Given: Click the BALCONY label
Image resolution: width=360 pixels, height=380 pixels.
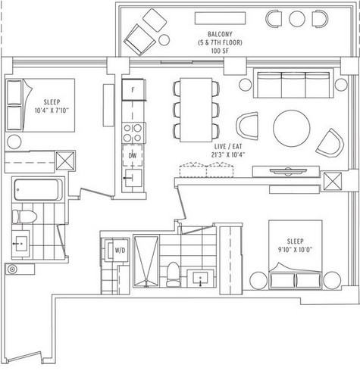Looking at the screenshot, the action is (x=220, y=34).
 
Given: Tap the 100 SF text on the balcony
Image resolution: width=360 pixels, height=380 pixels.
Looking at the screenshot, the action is (x=220, y=51).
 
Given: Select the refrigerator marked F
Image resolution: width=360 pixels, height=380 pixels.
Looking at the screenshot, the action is (x=133, y=90).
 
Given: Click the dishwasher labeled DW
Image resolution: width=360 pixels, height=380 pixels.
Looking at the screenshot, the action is (x=133, y=155).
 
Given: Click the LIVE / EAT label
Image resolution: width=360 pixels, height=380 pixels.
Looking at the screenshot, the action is (x=228, y=147).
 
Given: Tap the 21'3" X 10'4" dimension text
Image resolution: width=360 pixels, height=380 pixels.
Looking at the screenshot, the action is (x=228, y=154).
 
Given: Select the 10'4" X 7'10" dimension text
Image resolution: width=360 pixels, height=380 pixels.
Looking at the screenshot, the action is (x=52, y=111).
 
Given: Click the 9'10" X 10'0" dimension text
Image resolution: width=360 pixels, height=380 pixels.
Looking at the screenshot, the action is (x=295, y=250).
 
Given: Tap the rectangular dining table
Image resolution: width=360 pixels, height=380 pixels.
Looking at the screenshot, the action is (x=196, y=110).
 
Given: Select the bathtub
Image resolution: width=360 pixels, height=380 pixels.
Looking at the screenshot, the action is (x=38, y=189).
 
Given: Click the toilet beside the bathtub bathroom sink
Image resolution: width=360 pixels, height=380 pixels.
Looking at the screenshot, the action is (x=24, y=216).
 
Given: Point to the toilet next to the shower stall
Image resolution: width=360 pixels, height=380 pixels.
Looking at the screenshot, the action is (x=173, y=274).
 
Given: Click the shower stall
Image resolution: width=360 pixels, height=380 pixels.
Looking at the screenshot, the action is (x=146, y=261).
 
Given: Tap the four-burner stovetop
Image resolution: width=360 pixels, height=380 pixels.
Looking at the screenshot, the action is (x=133, y=133).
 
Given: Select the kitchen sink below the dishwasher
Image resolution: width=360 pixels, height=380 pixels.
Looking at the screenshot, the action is (x=133, y=178).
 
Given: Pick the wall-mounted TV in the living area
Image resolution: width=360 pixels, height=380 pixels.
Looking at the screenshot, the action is (x=288, y=171).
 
